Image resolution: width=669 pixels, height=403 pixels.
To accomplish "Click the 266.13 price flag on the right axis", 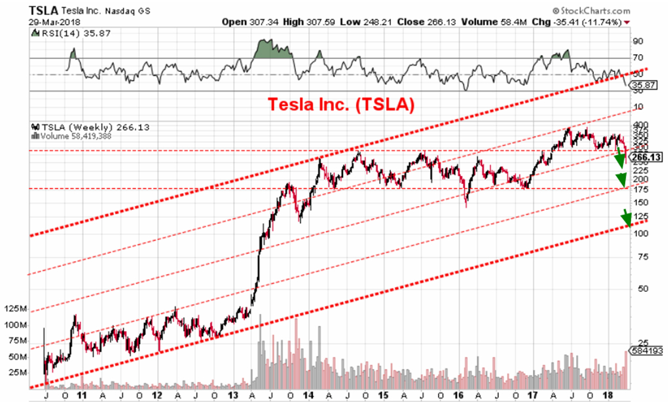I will [x=645, y=157].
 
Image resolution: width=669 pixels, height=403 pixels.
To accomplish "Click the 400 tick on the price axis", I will [x=640, y=124].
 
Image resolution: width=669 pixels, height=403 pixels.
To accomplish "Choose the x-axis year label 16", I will [x=459, y=396].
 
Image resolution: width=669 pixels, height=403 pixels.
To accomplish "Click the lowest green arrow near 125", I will [x=627, y=217].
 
